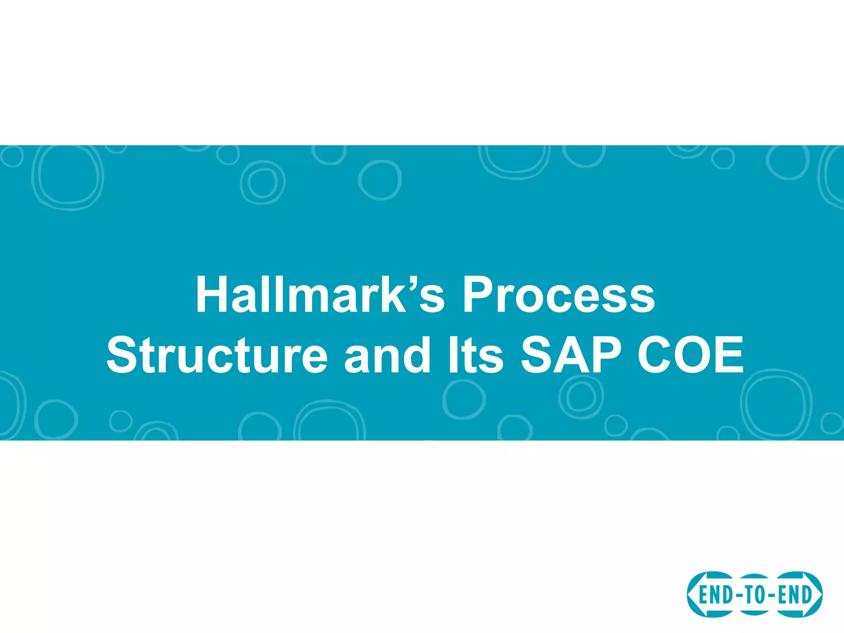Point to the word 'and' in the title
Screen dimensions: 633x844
387,355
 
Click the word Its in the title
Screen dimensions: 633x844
475,355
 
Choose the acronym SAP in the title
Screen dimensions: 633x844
571,355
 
